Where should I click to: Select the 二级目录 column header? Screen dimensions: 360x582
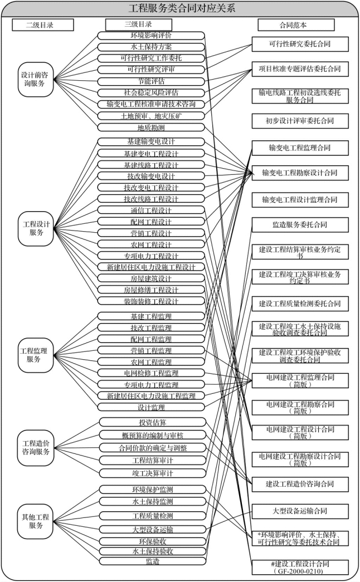[x=42, y=25]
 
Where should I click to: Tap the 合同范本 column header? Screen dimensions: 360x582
[x=296, y=25]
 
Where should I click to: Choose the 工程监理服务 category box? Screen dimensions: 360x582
[x=36, y=355]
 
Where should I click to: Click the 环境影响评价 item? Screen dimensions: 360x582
[x=151, y=35]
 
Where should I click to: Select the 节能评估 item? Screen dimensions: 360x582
[x=151, y=81]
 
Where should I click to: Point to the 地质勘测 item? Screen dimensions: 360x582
[x=151, y=127]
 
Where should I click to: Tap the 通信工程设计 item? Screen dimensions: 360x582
[x=151, y=211]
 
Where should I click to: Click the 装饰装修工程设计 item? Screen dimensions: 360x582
[x=151, y=301]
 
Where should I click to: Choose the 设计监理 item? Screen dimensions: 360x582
[x=151, y=407]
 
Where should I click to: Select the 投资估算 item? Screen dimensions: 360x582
[x=151, y=422]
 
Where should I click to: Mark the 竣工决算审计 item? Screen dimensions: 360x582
[x=151, y=473]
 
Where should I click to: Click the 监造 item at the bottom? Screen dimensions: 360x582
[x=151, y=561]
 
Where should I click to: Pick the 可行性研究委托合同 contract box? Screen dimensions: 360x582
[x=300, y=43]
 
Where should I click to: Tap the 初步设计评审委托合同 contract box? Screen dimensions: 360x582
[x=300, y=121]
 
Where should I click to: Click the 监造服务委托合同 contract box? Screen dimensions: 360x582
[x=300, y=225]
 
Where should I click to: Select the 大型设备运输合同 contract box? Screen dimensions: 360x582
[x=300, y=511]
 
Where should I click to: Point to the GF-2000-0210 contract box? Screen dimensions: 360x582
[x=300, y=567]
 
